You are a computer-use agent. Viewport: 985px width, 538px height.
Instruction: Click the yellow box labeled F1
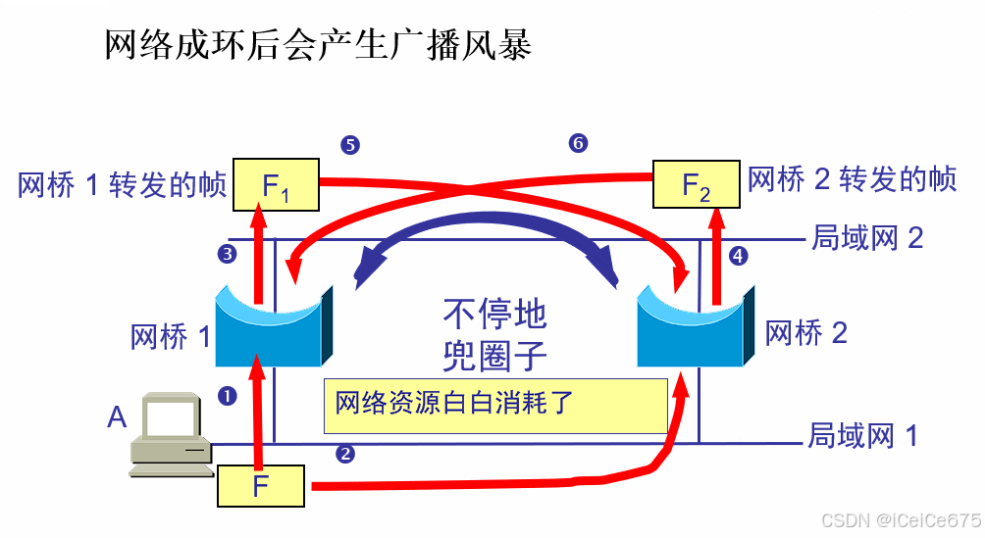[276, 183]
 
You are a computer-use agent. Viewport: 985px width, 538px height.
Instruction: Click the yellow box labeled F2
[697, 183]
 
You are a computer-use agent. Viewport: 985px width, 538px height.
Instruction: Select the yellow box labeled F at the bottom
[261, 485]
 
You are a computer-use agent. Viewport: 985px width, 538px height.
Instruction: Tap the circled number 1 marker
[228, 396]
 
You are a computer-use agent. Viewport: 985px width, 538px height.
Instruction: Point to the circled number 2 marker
[344, 453]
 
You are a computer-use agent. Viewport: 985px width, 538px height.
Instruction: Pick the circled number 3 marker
[227, 255]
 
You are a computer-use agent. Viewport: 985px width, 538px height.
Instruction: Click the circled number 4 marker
[739, 256]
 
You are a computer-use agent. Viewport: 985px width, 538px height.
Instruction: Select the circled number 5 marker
[349, 145]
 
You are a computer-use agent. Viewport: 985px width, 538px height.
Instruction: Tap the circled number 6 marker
[578, 144]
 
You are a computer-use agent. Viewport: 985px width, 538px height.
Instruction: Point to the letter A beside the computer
[117, 418]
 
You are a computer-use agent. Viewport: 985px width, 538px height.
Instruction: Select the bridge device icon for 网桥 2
[697, 325]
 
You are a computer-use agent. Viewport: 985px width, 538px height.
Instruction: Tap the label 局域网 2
[866, 238]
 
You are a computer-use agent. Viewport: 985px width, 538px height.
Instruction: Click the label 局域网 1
[862, 435]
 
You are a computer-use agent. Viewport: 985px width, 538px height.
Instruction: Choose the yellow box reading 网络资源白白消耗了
[495, 405]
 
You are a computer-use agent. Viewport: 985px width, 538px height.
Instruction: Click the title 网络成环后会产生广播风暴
[319, 45]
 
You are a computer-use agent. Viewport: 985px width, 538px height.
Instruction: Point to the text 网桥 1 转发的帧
[123, 185]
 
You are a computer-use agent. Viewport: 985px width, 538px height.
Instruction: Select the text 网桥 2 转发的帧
[852, 180]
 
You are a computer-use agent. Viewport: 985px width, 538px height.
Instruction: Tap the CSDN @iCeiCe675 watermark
[900, 519]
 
